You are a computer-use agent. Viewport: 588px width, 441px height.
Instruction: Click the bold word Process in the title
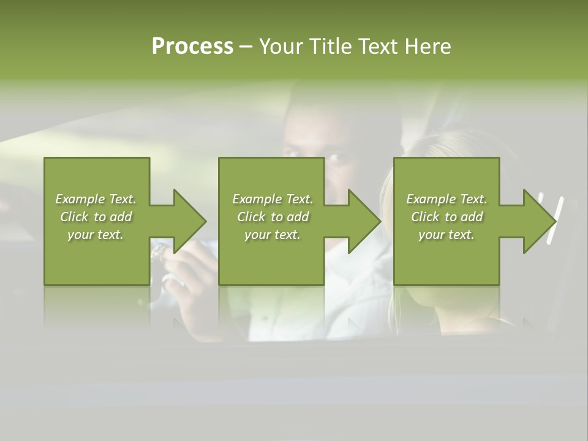(x=192, y=47)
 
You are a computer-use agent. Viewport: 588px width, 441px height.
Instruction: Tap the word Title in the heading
(x=330, y=47)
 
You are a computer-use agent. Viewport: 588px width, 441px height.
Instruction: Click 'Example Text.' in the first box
(x=96, y=199)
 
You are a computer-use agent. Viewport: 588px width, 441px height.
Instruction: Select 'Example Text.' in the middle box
(x=272, y=199)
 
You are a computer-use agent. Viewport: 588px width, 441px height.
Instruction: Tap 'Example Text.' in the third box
(x=447, y=199)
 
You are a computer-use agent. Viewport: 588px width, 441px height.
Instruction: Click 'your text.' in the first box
(x=96, y=235)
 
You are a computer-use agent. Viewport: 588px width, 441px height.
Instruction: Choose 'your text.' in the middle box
(x=272, y=235)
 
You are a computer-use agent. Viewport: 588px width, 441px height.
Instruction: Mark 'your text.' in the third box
(x=447, y=235)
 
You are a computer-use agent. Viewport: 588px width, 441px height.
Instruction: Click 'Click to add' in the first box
(x=96, y=217)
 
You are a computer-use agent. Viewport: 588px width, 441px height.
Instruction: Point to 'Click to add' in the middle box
(x=272, y=217)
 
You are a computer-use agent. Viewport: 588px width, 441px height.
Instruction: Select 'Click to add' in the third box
(x=447, y=217)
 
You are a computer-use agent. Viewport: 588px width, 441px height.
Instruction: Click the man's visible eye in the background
(x=336, y=157)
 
